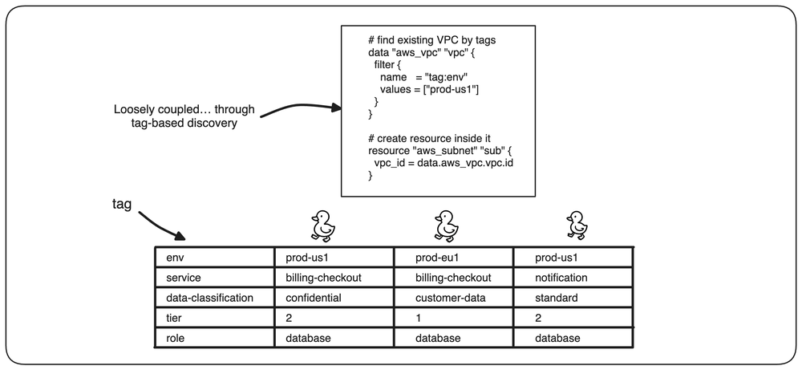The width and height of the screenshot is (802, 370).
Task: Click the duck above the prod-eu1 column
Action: [446, 226]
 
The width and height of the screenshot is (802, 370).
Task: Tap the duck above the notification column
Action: [577, 225]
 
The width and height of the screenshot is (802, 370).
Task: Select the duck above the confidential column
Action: [323, 226]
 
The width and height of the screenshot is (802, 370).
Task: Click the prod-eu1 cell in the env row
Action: [436, 258]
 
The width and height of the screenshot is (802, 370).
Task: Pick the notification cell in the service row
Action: [561, 278]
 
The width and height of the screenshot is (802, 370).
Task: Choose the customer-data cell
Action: [446, 297]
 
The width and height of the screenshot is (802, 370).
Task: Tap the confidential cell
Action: [313, 297]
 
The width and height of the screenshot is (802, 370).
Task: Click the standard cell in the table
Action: [557, 297]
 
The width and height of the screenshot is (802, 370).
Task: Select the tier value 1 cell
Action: [418, 318]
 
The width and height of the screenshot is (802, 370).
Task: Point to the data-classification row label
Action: [209, 297]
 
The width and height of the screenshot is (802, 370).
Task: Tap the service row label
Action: [184, 278]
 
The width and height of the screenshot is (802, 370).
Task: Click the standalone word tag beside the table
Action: [122, 204]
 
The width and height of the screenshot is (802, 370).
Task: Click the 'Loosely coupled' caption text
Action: [184, 116]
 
